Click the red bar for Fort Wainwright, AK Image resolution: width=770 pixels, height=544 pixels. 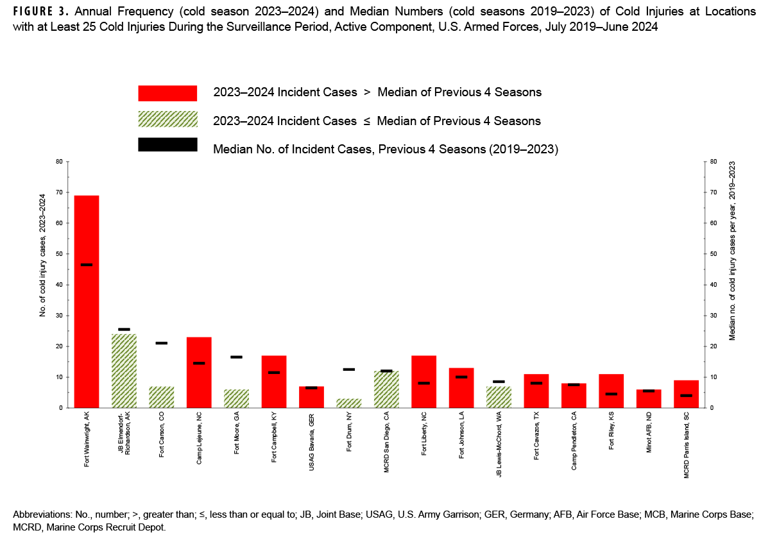coord(87,302)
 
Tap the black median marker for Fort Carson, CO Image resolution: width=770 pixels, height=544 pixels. coord(162,343)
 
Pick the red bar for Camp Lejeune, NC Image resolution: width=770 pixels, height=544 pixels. coord(199,372)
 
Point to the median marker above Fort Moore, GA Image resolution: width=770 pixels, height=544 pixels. coord(236,357)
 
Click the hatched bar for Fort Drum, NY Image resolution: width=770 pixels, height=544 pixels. coord(349,403)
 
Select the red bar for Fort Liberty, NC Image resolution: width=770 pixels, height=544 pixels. coord(424,382)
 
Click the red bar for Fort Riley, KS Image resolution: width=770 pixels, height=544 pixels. coord(611,391)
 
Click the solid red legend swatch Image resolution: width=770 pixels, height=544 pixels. coord(167,93)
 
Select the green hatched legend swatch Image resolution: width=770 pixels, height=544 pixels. coord(167,120)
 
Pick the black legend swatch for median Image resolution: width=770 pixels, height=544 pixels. coord(167,144)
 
